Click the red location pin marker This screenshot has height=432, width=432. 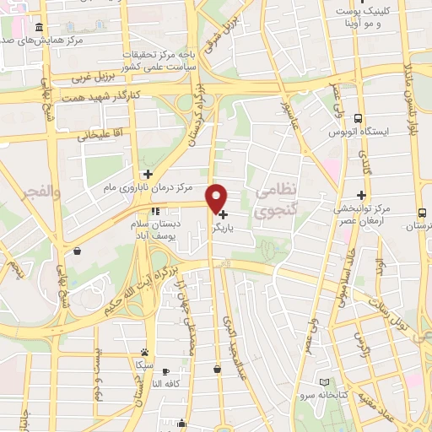[217, 197]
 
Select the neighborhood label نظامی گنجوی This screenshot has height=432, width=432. [273, 202]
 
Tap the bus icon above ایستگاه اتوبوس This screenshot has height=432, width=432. [359, 119]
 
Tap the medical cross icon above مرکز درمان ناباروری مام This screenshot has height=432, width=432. [147, 173]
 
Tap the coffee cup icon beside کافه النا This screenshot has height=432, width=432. [165, 372]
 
